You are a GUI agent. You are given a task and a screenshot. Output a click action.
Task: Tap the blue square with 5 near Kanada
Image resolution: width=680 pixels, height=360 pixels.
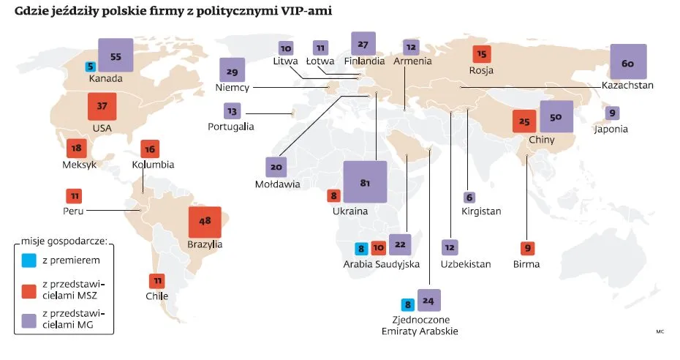tap(90, 66)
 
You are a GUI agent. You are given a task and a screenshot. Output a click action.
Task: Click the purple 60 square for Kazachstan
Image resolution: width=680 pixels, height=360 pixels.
tap(628, 63)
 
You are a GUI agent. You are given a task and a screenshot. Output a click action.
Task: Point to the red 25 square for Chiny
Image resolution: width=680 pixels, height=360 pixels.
tap(524, 121)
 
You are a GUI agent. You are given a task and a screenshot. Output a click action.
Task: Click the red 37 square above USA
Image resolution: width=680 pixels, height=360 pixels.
tap(102, 107)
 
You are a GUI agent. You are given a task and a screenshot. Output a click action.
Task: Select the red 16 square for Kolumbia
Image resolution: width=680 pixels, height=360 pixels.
tap(150, 149)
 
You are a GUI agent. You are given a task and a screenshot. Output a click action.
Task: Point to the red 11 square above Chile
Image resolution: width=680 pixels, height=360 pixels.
tap(157, 281)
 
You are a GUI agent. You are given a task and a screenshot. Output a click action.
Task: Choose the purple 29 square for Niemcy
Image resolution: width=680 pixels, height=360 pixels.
tap(233, 72)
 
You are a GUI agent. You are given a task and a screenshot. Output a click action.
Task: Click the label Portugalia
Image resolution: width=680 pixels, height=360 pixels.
tap(230, 127)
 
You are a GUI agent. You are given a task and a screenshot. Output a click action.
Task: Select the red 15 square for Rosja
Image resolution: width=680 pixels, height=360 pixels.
tap(481, 54)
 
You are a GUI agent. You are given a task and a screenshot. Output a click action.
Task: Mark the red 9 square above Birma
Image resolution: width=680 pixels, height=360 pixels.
tap(526, 248)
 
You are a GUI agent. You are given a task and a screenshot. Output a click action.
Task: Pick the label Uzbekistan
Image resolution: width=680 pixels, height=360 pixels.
tap(466, 263)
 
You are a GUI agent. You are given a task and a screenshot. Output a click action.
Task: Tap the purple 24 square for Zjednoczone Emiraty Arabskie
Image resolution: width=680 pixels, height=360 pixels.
tap(428, 301)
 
